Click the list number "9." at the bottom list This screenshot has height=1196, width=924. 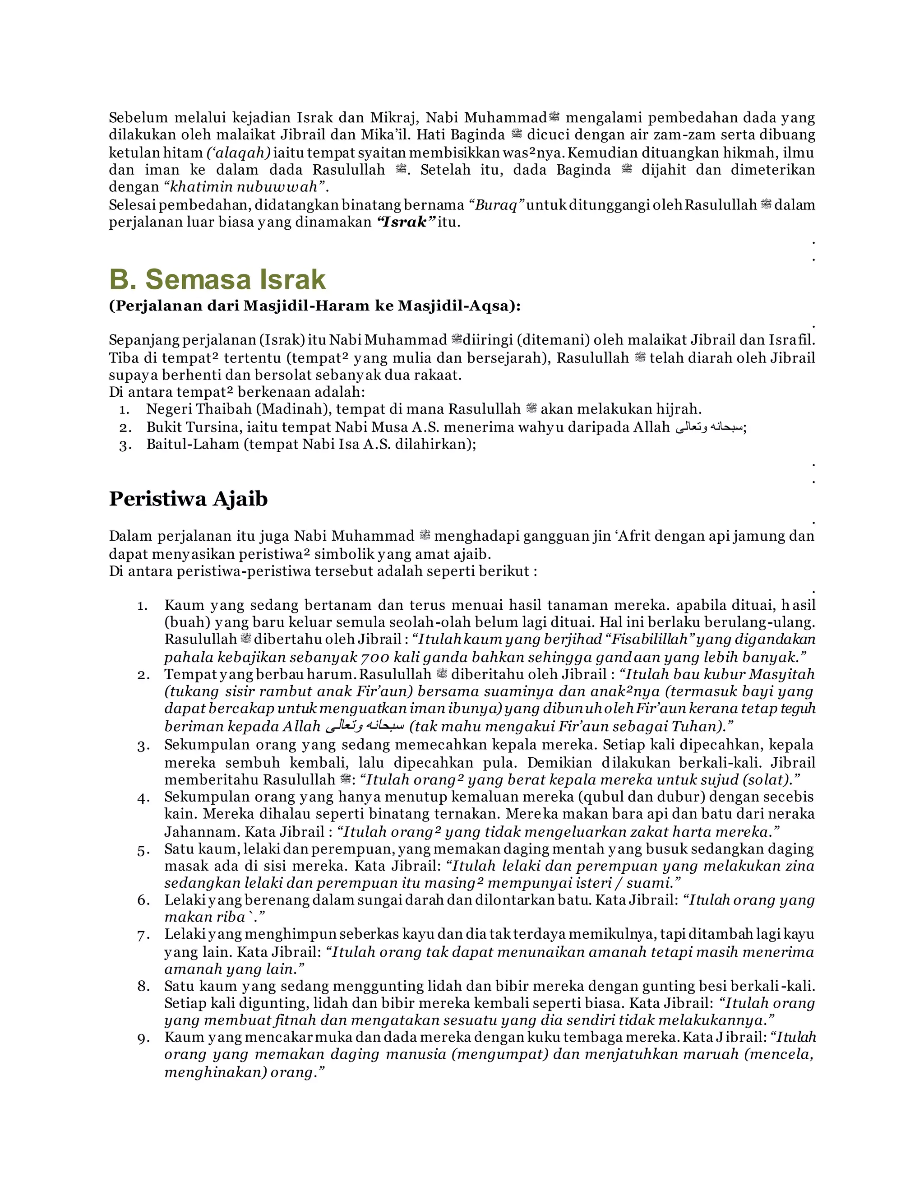pyautogui.click(x=143, y=1038)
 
